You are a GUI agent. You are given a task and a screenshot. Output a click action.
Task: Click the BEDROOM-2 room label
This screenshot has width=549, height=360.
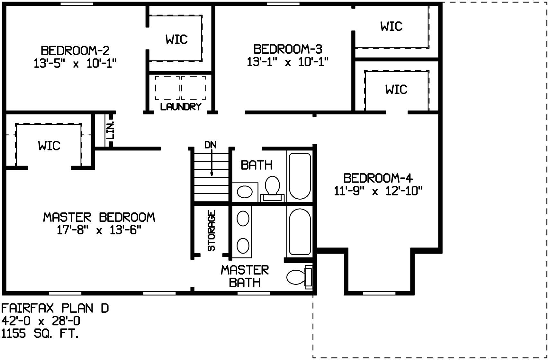pos(75,51)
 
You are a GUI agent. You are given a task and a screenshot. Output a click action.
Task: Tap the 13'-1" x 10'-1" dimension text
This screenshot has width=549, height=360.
pos(288,62)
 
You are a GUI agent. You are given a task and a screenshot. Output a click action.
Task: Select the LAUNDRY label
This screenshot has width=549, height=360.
pos(181,107)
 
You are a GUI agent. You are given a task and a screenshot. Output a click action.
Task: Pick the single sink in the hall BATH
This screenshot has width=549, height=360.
pos(244,192)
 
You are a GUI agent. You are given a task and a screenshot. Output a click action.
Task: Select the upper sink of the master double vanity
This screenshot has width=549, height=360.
pos(243,219)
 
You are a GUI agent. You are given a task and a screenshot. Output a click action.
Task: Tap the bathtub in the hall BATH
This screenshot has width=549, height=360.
pos(300,176)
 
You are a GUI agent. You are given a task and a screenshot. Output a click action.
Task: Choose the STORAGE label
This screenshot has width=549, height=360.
pos(211,230)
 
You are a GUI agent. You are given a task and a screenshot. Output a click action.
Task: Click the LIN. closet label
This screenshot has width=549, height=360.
pos(110,130)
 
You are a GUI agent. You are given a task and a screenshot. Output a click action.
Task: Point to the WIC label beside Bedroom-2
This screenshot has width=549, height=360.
pos(176,40)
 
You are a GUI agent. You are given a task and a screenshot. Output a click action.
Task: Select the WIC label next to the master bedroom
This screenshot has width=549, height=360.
pos(49,146)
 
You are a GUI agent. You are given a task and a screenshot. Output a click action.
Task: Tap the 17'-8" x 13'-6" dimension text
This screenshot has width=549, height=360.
pos(99,230)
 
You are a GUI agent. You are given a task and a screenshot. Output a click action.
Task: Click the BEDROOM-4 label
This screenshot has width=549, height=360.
pos(378,178)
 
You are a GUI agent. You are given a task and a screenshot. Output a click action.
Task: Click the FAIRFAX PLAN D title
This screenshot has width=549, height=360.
pos(55,309)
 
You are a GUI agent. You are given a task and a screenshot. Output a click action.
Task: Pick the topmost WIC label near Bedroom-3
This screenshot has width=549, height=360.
pos(391,26)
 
